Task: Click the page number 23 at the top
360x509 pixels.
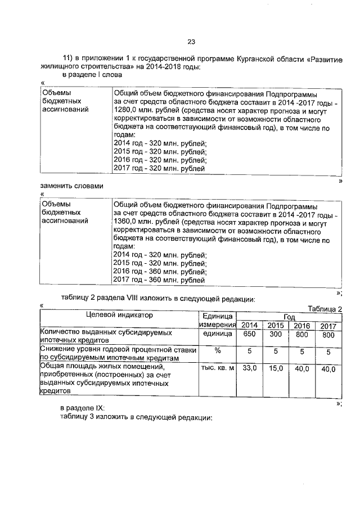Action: pyautogui.click(x=191, y=42)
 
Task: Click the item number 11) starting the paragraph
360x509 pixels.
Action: pyautogui.click(x=68, y=58)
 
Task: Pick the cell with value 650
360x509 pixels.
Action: pyautogui.click(x=249, y=335)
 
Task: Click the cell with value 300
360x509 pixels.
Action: pyautogui.click(x=275, y=335)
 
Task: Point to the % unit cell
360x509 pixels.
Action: pyautogui.click(x=217, y=351)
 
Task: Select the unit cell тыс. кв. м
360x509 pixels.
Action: pyautogui.click(x=217, y=368)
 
